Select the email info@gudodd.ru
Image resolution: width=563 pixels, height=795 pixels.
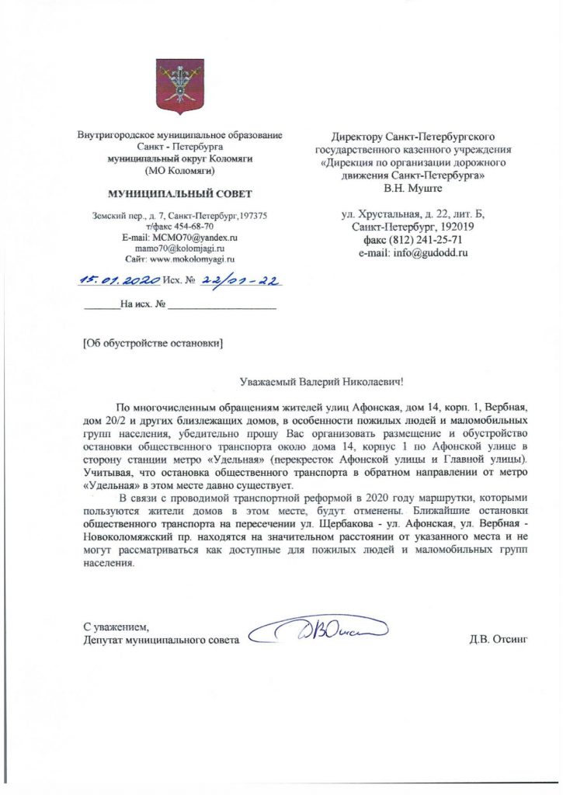pyautogui.click(x=419, y=252)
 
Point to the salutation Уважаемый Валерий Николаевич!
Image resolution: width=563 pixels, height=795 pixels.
pyautogui.click(x=321, y=381)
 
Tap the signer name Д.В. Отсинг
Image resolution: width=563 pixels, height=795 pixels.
pyautogui.click(x=498, y=640)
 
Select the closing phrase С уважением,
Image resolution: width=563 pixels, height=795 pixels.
pyautogui.click(x=115, y=627)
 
